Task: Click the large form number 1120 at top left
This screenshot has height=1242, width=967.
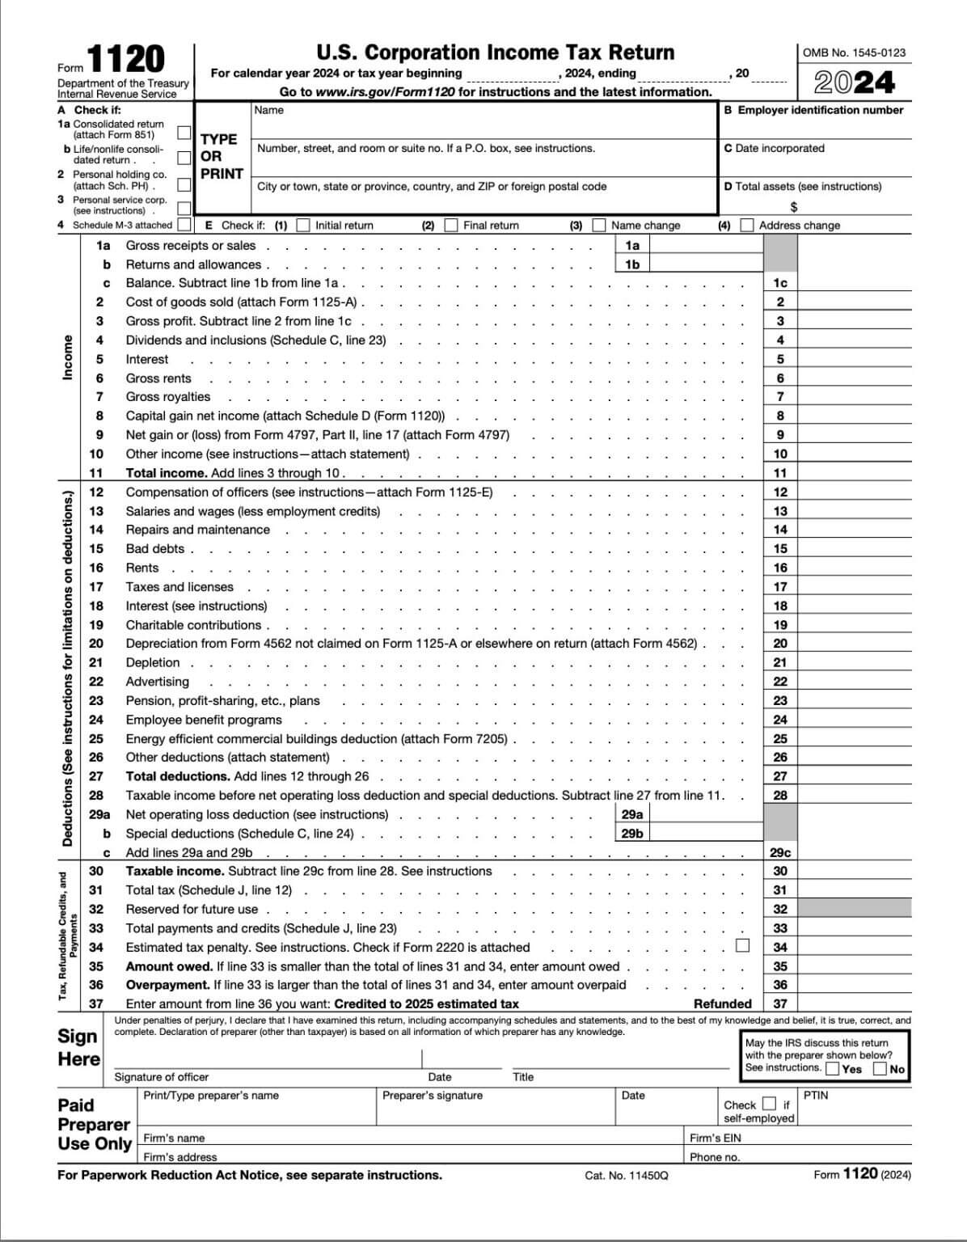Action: [125, 61]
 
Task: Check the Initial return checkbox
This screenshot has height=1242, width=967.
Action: [303, 225]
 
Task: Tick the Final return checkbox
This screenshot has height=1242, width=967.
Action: [451, 225]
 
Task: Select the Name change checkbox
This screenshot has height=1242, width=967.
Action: [599, 225]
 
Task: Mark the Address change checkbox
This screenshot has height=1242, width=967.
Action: [747, 225]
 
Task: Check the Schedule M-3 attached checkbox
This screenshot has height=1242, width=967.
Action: [184, 225]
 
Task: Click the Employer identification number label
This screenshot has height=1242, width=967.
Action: [813, 110]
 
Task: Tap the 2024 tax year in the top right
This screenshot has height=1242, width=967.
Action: [854, 82]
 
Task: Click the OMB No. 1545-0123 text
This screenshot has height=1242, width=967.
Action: [854, 53]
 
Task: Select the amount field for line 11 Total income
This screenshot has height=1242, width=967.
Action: [854, 473]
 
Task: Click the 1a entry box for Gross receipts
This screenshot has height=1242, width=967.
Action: [706, 245]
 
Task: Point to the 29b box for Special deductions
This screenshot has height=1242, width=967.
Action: [706, 834]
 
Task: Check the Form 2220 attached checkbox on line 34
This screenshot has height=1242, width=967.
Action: [742, 945]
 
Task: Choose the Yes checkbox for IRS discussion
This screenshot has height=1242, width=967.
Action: [833, 1069]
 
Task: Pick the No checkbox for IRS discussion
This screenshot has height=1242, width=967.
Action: [880, 1069]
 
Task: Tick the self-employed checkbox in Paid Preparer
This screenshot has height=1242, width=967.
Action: [769, 1104]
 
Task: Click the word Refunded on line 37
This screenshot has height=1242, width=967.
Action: [722, 1004]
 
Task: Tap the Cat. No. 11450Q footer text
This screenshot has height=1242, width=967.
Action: [627, 1175]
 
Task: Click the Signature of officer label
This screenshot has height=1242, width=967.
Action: [162, 1077]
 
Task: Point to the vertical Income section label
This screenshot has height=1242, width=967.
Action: [68, 357]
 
